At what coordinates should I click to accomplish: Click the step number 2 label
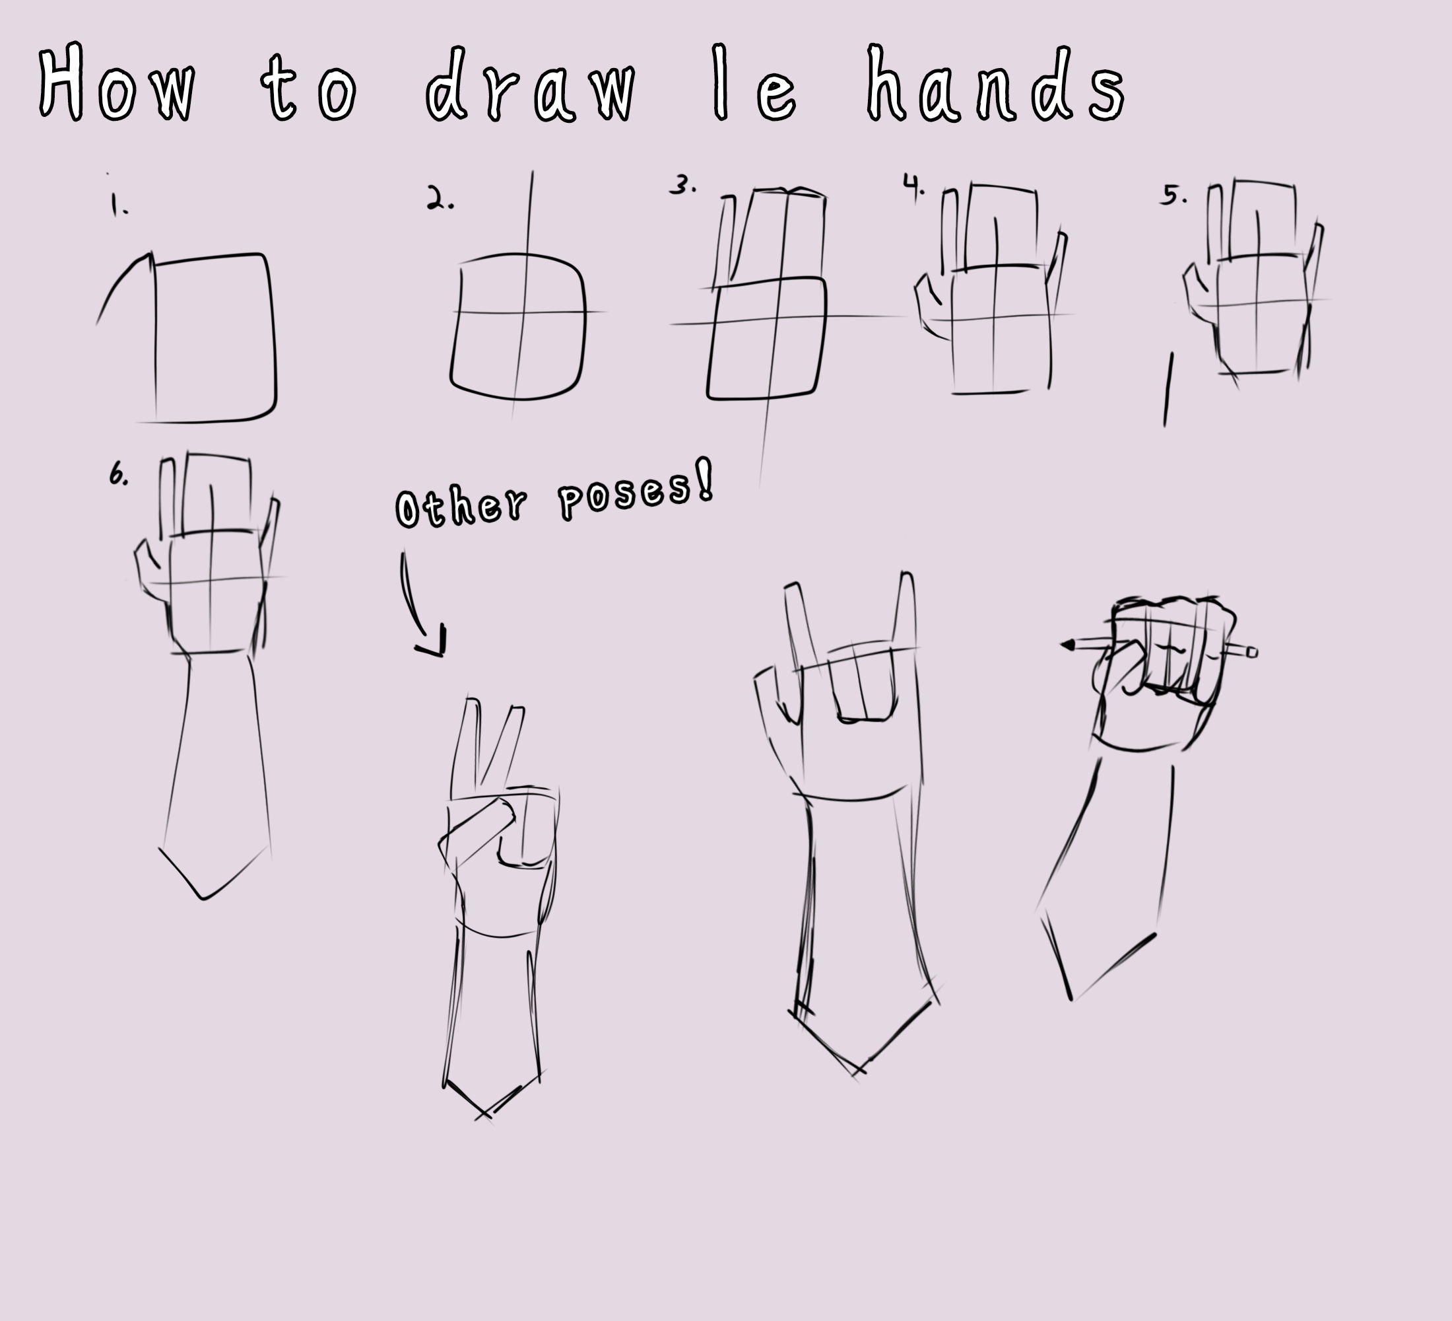click(x=439, y=199)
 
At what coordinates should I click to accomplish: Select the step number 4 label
click(x=913, y=186)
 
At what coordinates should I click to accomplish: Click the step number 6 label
click(x=117, y=474)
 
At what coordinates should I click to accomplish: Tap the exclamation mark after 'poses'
click(x=705, y=480)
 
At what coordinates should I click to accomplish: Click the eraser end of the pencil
click(x=1252, y=652)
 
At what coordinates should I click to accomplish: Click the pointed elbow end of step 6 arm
click(x=205, y=896)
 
